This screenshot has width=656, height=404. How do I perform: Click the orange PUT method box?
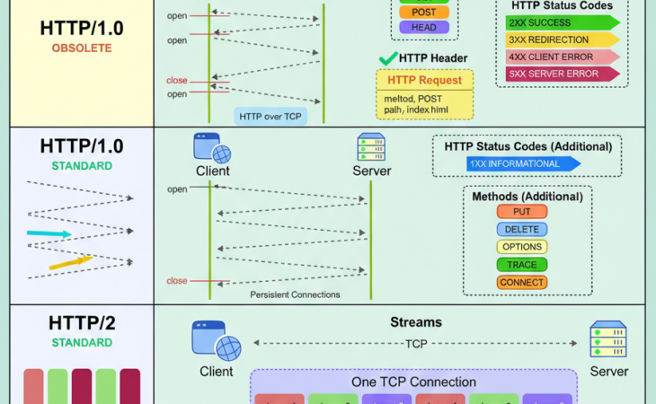(521, 212)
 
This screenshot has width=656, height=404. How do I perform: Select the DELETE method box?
(521, 229)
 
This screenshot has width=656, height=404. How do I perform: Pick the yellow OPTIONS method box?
(521, 247)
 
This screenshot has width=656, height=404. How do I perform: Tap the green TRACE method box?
(521, 265)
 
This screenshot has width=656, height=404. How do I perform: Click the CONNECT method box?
(521, 283)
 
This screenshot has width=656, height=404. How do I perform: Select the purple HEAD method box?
(424, 28)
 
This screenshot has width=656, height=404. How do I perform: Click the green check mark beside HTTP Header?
(388, 58)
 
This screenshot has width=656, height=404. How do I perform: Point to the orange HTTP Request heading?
(424, 80)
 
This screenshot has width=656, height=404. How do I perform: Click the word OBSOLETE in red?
(82, 48)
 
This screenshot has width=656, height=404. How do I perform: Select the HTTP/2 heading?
(82, 324)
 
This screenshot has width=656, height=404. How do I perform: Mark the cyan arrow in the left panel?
(49, 233)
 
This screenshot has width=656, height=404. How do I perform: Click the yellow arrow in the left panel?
(70, 262)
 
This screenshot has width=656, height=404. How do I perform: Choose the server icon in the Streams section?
(608, 340)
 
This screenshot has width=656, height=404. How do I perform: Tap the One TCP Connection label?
(413, 382)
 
